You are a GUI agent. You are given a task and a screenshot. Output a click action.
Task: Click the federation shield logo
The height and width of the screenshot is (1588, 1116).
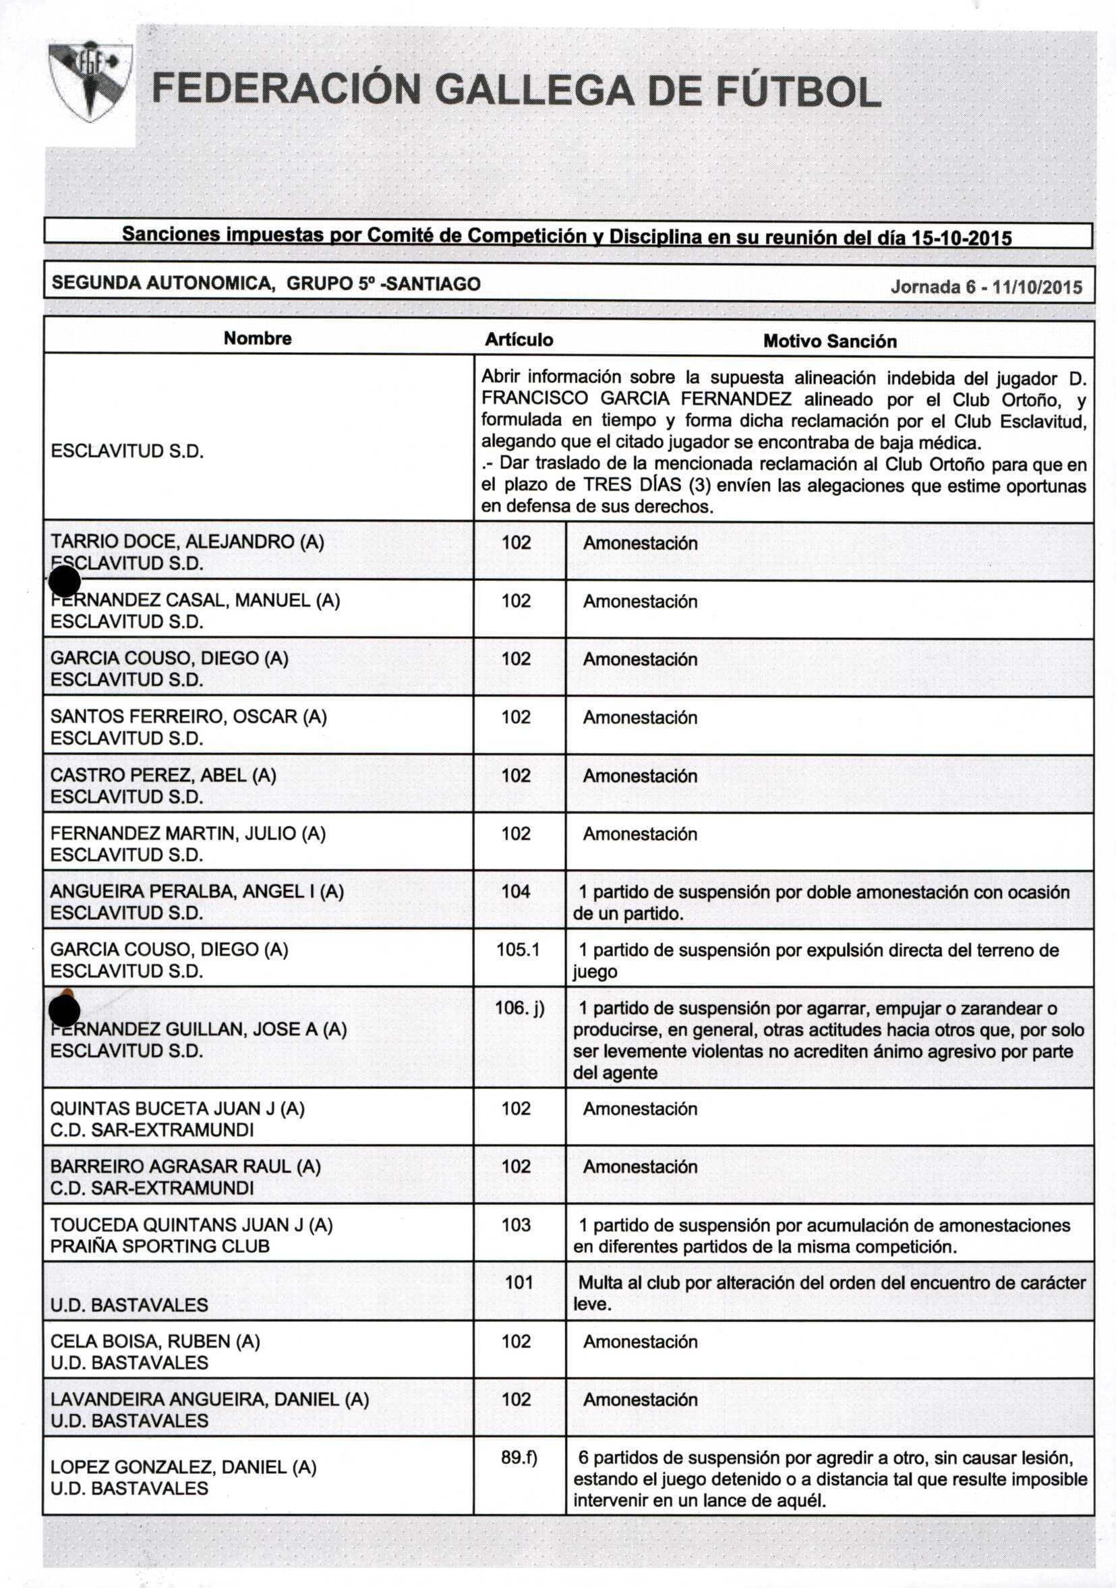coord(90,82)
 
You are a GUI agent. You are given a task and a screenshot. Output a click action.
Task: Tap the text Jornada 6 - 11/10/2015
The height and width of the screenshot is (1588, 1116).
coord(986,287)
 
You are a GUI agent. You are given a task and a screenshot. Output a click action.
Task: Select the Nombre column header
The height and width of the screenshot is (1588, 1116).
coord(257,338)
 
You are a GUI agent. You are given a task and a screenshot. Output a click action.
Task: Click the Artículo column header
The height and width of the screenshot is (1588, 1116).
coord(519,339)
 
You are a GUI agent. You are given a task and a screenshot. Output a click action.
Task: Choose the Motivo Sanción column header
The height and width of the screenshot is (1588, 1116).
coord(829,341)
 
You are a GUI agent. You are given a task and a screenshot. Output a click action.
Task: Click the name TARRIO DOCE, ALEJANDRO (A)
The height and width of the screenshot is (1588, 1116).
coord(187,542)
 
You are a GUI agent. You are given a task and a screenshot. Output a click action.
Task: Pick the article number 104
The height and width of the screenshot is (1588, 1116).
coord(516,892)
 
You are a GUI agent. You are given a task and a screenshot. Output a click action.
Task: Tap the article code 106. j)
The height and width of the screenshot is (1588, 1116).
coord(519,1008)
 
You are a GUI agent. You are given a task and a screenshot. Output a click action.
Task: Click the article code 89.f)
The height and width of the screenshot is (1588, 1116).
coord(519,1457)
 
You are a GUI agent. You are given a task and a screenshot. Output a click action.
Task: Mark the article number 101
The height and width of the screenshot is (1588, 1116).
coord(519,1282)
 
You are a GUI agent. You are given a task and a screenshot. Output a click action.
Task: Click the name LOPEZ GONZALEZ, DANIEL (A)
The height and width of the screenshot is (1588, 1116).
coord(183,1467)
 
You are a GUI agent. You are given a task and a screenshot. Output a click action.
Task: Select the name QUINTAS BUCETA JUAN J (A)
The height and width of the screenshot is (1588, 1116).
coord(177,1108)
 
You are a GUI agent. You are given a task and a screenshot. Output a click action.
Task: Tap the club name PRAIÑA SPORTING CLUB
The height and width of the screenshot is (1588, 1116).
coord(160,1247)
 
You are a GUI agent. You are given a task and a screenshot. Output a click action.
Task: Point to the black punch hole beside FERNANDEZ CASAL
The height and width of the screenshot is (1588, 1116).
coord(65,581)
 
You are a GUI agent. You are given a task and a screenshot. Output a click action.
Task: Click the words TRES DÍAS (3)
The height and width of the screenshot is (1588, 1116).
coord(647,485)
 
